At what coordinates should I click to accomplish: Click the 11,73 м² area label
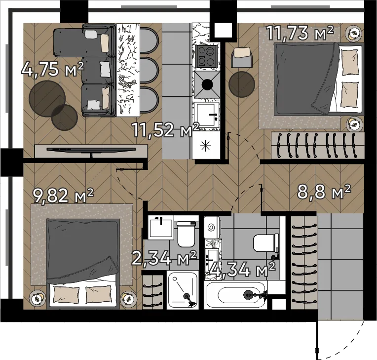coord(301,33)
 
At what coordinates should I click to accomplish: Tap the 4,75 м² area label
coord(53,69)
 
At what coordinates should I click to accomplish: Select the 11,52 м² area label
coord(166,130)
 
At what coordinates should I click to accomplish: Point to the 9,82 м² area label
coord(63,196)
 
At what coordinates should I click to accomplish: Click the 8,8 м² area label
coord(324,192)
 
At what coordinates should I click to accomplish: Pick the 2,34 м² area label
coord(164,258)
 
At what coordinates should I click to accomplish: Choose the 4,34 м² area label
coord(242,270)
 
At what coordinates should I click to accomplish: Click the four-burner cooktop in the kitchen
coord(207,57)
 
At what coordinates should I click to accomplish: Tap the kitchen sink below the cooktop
coord(207,115)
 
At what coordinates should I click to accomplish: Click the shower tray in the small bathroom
coord(183,290)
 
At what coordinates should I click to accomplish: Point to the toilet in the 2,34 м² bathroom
coord(186,234)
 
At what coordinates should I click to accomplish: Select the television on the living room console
coord(91,150)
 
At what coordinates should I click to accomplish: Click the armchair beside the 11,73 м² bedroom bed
coord(242,57)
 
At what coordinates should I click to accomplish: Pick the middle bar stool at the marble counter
coord(149,70)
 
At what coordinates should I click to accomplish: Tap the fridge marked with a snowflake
coord(206,145)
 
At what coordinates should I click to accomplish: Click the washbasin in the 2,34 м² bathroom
coord(161,227)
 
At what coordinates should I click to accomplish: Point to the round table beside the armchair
coord(242,84)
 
